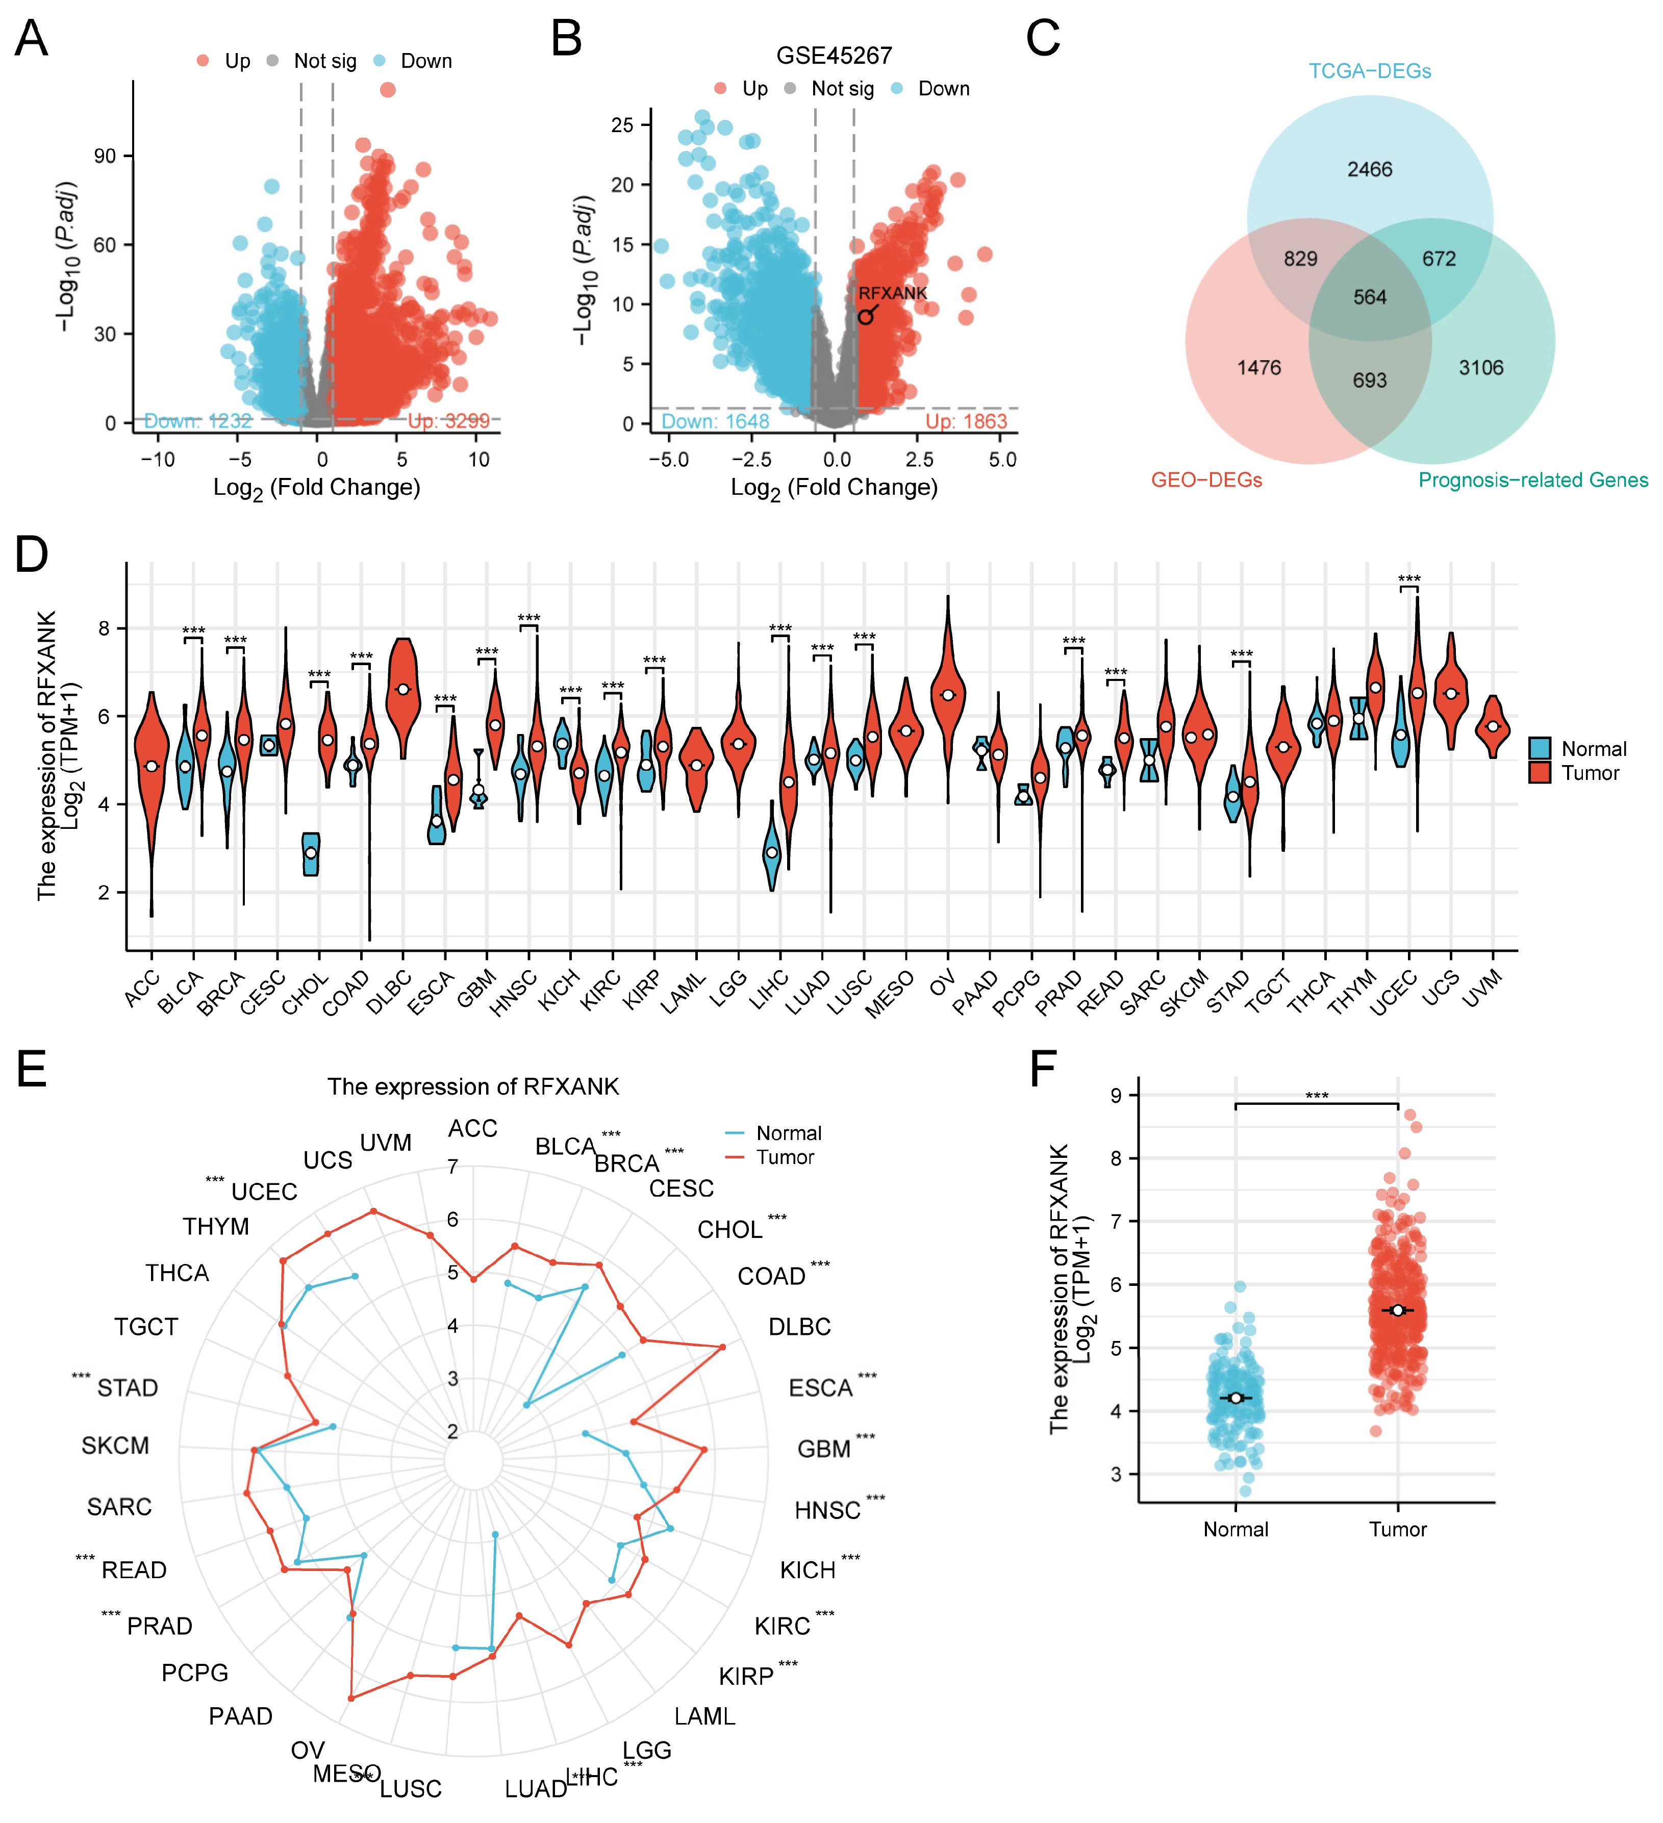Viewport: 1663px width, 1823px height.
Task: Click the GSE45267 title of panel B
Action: pyautogui.click(x=834, y=56)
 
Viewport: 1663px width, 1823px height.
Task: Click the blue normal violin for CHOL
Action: pyautogui.click(x=311, y=854)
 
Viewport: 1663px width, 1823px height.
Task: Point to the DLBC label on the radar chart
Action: pyautogui.click(x=799, y=1327)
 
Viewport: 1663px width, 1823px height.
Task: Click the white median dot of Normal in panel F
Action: pyautogui.click(x=1236, y=1398)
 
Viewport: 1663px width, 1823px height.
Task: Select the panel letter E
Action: pyautogui.click(x=32, y=1069)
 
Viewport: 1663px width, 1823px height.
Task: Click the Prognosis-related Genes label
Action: pyautogui.click(x=1533, y=479)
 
